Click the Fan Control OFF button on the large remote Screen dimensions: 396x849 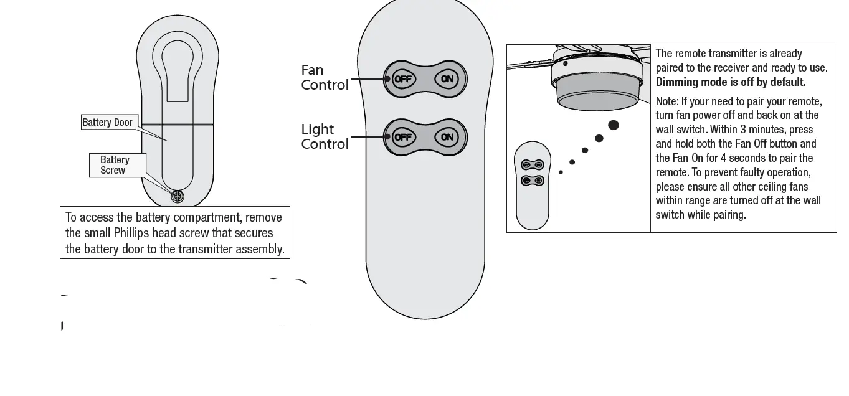pos(403,79)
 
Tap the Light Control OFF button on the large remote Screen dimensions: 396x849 pos(403,137)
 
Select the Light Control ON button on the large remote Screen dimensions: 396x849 pos(447,137)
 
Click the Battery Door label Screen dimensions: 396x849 pos(108,122)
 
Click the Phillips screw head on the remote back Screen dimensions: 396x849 pos(178,196)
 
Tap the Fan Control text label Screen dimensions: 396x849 pos(325,78)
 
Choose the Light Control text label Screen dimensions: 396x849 pos(325,136)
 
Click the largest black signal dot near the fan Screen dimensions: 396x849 pos(614,125)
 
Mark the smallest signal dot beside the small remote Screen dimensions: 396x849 pos(561,172)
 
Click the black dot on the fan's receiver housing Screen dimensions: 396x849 pos(565,63)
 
